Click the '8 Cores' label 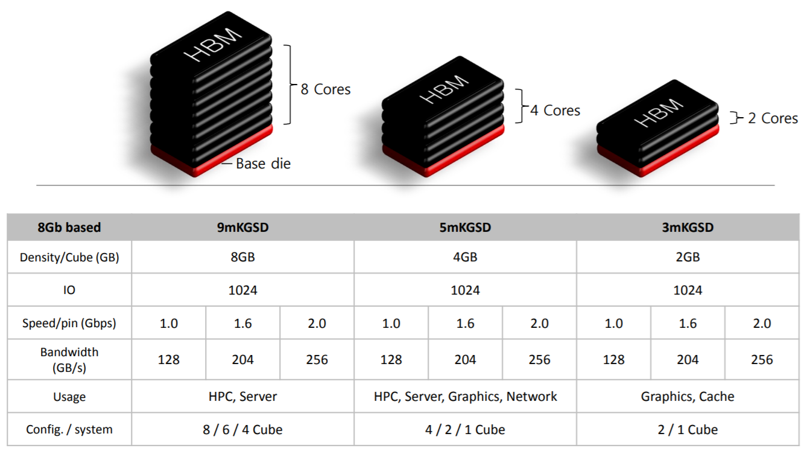[325, 89]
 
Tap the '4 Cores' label [555, 110]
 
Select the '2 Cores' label [773, 118]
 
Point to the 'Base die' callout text [263, 164]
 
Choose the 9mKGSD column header [243, 228]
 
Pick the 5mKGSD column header [465, 228]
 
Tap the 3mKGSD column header [688, 228]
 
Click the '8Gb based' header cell [69, 228]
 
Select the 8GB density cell [243, 257]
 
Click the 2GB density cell [688, 257]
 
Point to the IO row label [69, 290]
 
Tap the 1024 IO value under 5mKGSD [465, 290]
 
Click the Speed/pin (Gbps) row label [69, 323]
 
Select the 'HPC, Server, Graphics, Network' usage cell [465, 397]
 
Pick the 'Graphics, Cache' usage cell [688, 397]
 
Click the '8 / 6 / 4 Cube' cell [243, 430]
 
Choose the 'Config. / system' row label [69, 430]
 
